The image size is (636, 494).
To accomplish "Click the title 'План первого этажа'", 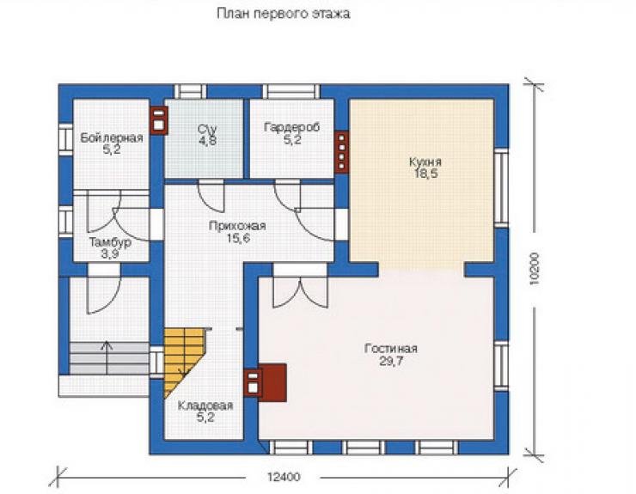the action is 283,14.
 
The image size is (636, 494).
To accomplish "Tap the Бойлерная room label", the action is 112,138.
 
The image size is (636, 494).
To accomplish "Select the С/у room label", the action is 208,130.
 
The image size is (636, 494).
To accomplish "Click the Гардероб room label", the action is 291,127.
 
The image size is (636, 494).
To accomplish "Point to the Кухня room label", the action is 425,162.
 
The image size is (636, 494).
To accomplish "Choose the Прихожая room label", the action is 237,226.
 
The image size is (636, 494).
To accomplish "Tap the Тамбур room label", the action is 110,242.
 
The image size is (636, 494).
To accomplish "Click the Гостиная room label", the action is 391,349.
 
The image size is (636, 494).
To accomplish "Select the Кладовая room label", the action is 205,406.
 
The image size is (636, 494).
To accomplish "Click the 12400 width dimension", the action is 284,477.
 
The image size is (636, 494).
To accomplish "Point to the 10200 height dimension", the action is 535,269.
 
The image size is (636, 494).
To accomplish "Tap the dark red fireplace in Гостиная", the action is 273,383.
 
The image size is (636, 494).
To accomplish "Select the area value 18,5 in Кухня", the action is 425,174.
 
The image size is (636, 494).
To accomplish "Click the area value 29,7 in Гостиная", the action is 391,361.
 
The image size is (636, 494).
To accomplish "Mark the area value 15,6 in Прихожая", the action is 238,239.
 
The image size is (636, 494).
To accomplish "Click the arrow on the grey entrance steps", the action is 107,357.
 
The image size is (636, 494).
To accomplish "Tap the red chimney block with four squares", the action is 342,152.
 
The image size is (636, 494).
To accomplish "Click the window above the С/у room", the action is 190,92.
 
